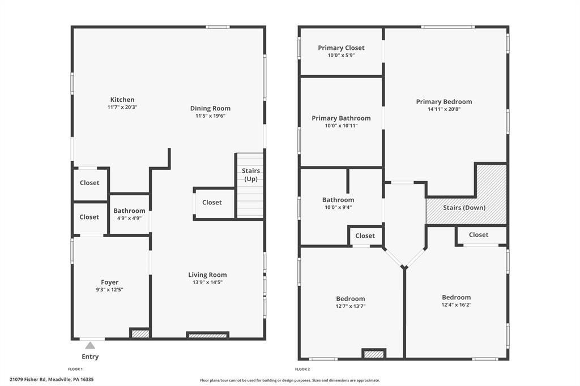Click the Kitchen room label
(122, 100)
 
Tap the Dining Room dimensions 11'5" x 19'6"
(211, 115)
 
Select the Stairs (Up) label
(251, 174)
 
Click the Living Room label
(207, 275)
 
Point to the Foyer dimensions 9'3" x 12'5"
(109, 290)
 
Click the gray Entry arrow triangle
(90, 345)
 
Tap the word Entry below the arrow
(90, 357)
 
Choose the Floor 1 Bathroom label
(129, 211)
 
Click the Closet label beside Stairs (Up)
(212, 202)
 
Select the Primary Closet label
(341, 48)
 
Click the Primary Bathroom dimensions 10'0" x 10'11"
(341, 126)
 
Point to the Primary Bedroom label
(444, 102)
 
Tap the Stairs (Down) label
(464, 207)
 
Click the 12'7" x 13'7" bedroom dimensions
(351, 306)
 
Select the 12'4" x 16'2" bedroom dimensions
(457, 305)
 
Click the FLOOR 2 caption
(302, 369)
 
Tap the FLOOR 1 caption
(75, 369)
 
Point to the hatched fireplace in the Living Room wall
(207, 336)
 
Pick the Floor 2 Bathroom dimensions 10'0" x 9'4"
(338, 207)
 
